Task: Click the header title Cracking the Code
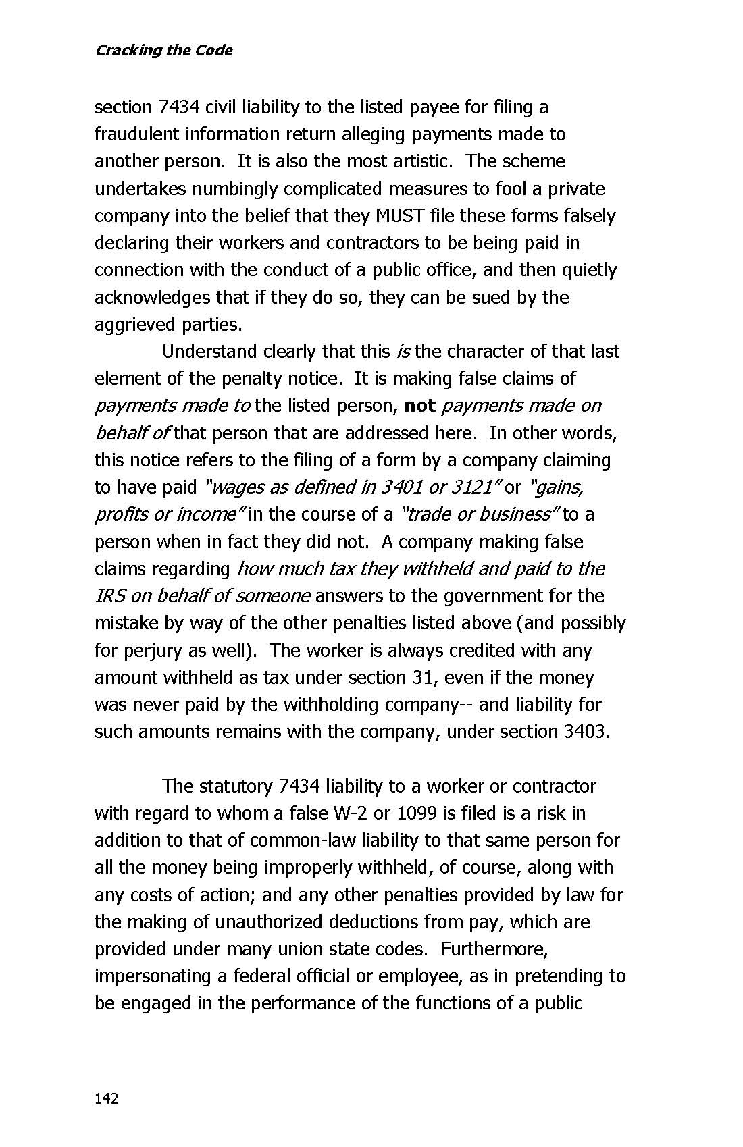pos(163,51)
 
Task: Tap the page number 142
pos(107,1098)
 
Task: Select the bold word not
pos(419,406)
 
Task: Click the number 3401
pos(401,487)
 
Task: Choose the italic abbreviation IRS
pos(109,596)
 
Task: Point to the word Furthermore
pos(494,949)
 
